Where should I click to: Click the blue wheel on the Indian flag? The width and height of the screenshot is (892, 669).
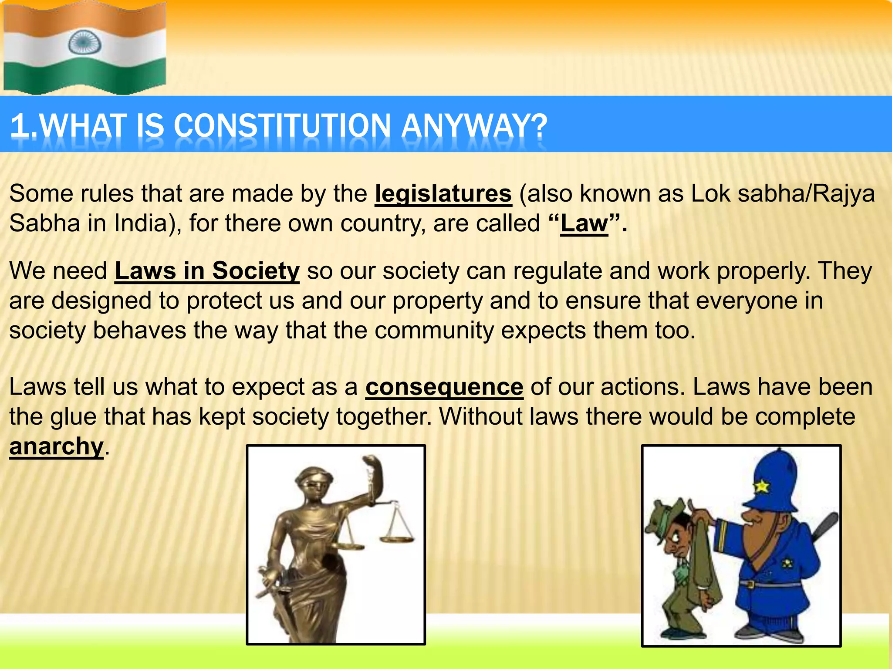coord(84,42)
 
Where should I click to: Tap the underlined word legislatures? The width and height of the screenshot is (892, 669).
coord(443,193)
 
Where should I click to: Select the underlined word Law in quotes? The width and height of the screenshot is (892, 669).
coord(584,223)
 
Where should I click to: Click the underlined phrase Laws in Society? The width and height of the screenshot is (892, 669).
coord(207,271)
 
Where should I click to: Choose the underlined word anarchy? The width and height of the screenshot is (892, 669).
coord(56,446)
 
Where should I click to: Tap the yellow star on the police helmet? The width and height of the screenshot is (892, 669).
coord(762,486)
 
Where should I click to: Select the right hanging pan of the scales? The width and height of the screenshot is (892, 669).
coord(396,538)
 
